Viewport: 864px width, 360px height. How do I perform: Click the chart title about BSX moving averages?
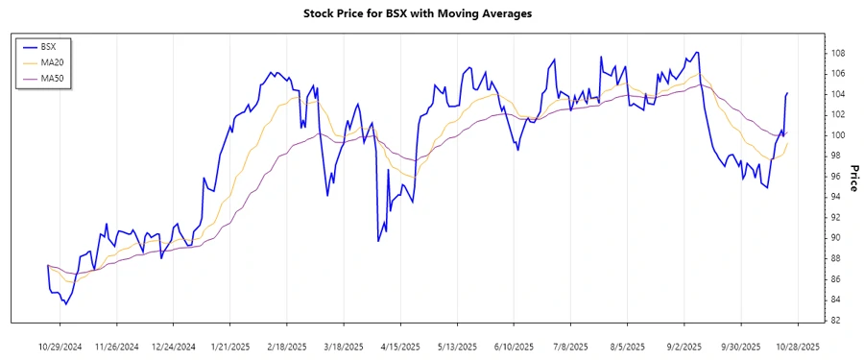point(431,13)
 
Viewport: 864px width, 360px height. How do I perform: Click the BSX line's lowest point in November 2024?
point(65,304)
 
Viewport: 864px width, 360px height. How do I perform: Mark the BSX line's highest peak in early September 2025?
point(696,53)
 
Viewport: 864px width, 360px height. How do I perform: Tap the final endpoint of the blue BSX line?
point(787,93)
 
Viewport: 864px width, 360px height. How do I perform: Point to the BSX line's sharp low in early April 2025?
point(378,240)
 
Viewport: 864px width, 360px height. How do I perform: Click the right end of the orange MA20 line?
point(787,144)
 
